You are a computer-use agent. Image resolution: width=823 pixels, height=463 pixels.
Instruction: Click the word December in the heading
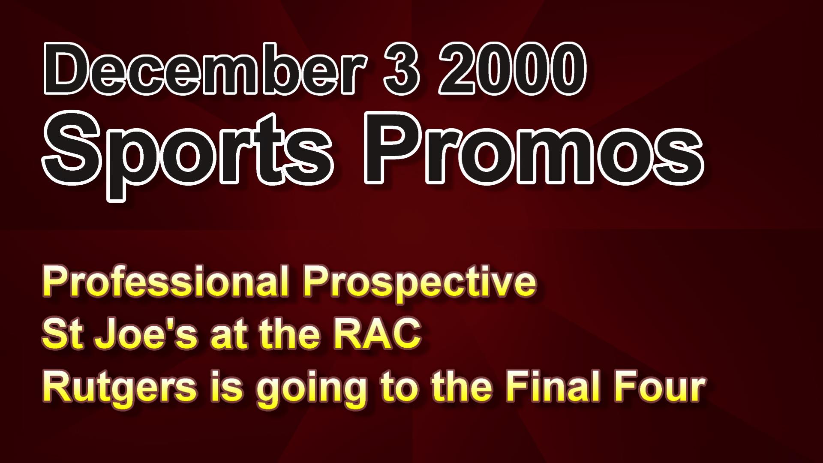click(x=205, y=69)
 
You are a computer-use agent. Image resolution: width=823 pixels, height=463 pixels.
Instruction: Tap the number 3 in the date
click(x=400, y=69)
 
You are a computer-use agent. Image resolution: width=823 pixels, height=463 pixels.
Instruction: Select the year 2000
click(x=511, y=69)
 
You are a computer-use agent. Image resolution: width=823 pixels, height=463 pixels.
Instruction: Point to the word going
click(x=312, y=388)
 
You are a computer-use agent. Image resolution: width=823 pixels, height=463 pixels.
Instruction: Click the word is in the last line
click(x=227, y=386)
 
